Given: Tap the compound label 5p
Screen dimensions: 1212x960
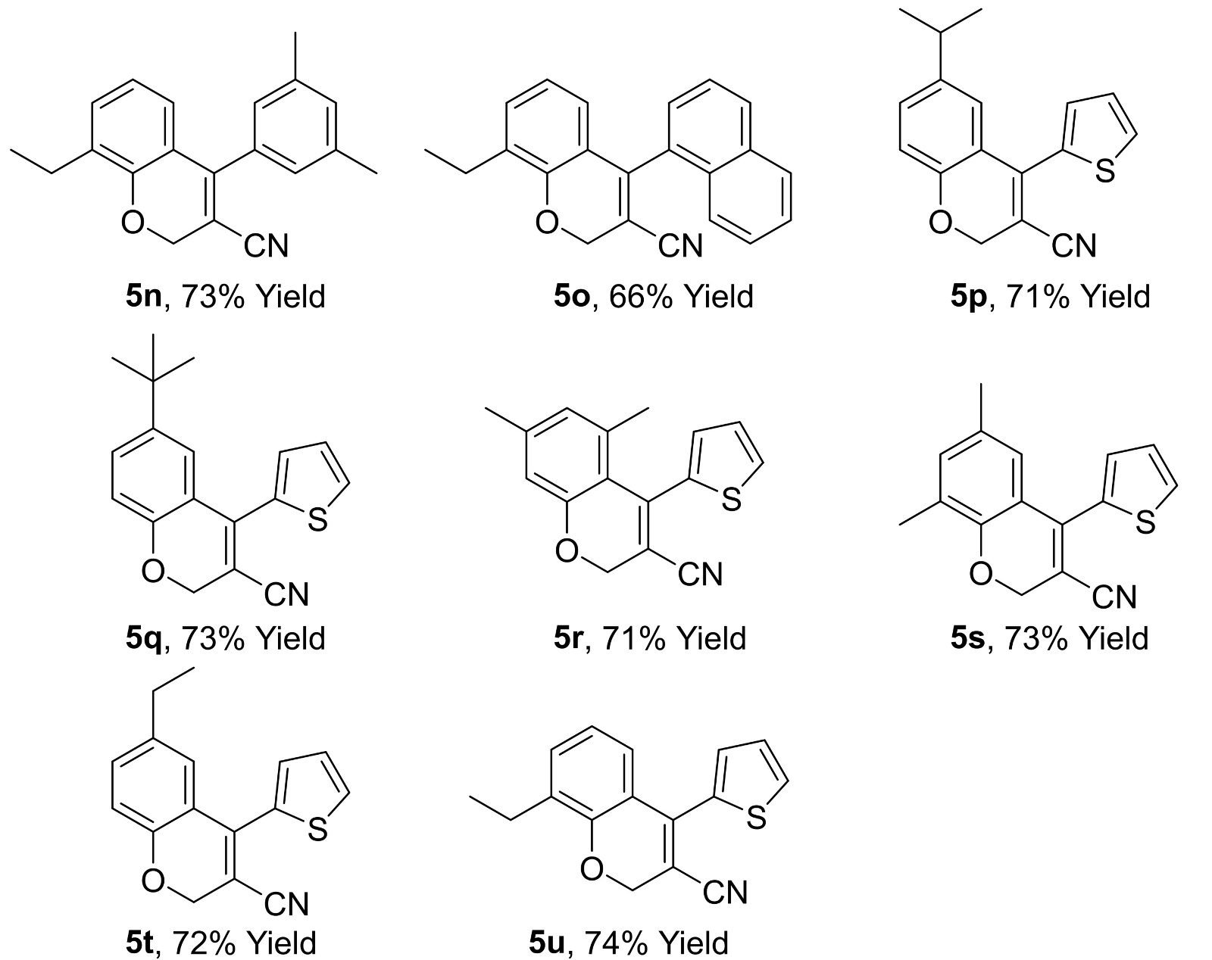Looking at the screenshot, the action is [x=967, y=295].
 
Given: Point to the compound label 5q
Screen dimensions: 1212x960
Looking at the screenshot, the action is [x=142, y=638].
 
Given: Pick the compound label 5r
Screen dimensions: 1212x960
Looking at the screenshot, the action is [x=566, y=638].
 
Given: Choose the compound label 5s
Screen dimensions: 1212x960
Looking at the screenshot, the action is [x=967, y=638].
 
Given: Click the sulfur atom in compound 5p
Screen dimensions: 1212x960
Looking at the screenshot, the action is [x=1105, y=172].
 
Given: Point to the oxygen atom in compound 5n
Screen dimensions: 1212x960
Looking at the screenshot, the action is [x=132, y=224].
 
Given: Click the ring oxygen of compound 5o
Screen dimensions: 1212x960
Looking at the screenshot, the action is [x=547, y=224].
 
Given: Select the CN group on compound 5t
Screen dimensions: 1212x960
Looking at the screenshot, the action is [x=286, y=903].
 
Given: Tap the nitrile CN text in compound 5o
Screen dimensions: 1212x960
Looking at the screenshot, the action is [x=680, y=245].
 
